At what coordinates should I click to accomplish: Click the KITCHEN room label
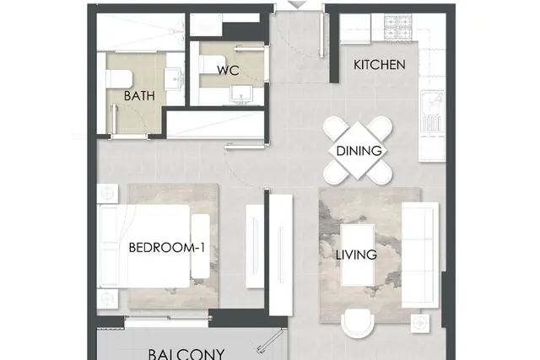[379, 65]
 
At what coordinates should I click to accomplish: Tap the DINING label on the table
[359, 151]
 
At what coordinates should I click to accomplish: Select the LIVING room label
[356, 255]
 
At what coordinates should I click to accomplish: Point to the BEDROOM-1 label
[167, 248]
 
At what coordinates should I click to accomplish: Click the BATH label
[139, 95]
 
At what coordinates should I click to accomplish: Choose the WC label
[228, 70]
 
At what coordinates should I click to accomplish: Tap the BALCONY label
[186, 354]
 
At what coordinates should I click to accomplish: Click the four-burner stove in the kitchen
[398, 27]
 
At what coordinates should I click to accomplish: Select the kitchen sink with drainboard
[432, 112]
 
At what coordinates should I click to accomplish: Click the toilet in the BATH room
[119, 78]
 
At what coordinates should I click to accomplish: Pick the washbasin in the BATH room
[174, 79]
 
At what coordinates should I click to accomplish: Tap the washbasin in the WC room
[241, 94]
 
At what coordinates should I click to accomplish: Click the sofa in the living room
[420, 255]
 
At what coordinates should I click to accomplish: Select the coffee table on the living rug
[358, 255]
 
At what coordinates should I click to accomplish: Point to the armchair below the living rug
[357, 324]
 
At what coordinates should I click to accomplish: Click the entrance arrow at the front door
[297, 4]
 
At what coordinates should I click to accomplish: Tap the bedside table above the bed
[107, 193]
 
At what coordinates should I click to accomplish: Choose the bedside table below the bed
[107, 298]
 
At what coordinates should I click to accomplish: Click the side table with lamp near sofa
[420, 323]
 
